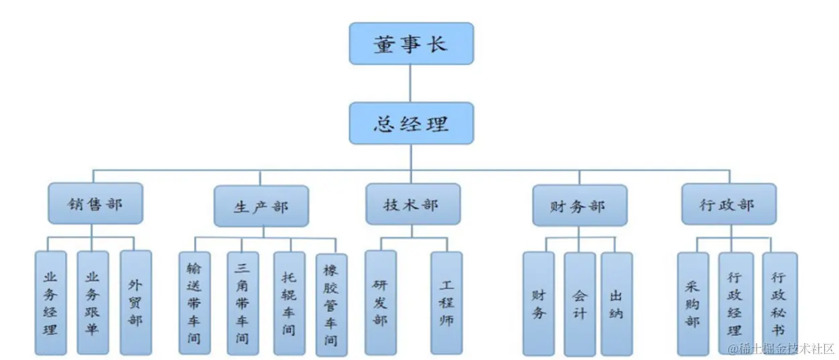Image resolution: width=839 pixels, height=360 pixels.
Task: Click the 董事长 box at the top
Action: pos(411,44)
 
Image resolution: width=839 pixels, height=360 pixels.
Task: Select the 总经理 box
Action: pos(411,123)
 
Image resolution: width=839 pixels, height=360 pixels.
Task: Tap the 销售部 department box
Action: pos(95,203)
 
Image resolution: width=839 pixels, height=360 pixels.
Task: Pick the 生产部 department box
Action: pos(261,206)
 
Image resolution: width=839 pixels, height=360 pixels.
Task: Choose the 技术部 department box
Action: pos(412,204)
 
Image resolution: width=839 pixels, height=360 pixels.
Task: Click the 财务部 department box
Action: pos(580,206)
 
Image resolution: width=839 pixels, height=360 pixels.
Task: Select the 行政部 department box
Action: pos(728,204)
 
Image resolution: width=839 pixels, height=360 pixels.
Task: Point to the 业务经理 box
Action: pos(50,302)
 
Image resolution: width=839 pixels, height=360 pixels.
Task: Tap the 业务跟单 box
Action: pos(92,302)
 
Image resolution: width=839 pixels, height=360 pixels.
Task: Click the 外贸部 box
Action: pos(135,302)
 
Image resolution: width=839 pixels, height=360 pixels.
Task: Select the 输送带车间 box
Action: pos(194,302)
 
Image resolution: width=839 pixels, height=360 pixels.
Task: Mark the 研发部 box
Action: pos(380,302)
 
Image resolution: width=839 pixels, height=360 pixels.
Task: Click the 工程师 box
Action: pos(446,302)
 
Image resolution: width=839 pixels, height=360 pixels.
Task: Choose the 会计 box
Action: pos(579,304)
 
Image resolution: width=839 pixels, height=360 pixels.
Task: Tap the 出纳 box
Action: pos(617,304)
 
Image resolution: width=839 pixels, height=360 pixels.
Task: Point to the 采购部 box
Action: pos(692,304)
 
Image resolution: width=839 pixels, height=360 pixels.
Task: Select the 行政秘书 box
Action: pos(779,304)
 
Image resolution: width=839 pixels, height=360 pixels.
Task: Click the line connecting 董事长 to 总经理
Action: pos(411,84)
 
